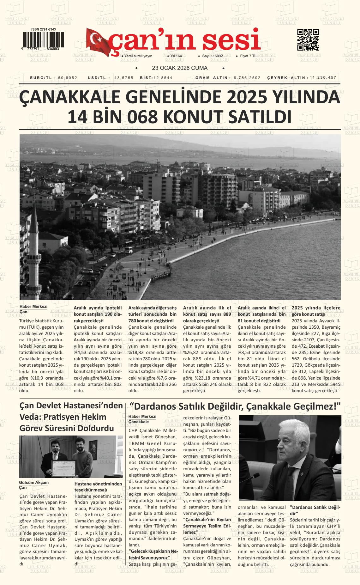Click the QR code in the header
click(308, 40)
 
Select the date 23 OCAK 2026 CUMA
click(180, 68)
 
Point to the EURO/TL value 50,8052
click(68, 78)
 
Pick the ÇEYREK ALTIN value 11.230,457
click(323, 78)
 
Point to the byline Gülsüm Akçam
click(34, 483)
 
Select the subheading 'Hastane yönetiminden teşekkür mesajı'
click(98, 487)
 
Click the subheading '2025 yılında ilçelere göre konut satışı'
click(316, 311)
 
